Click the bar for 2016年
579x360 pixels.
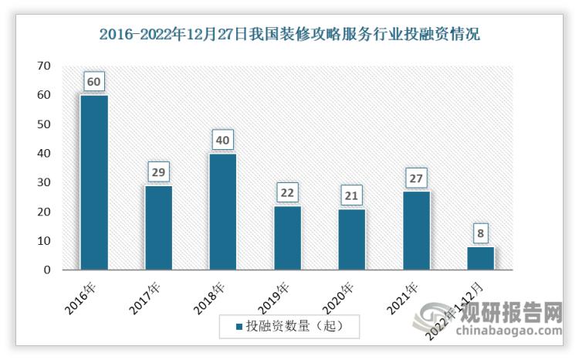[94, 182]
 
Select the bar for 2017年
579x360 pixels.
[158, 228]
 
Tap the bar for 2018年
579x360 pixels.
[222, 212]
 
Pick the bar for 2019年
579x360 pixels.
[287, 238]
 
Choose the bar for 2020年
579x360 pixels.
[351, 239]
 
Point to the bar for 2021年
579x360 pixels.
[415, 230]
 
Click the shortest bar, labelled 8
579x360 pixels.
[480, 258]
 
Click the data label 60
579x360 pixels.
[94, 80]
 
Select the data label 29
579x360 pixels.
[158, 171]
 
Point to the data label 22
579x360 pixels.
[287, 192]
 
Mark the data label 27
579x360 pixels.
[415, 177]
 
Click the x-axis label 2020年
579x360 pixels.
[340, 297]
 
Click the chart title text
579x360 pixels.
[289, 34]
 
